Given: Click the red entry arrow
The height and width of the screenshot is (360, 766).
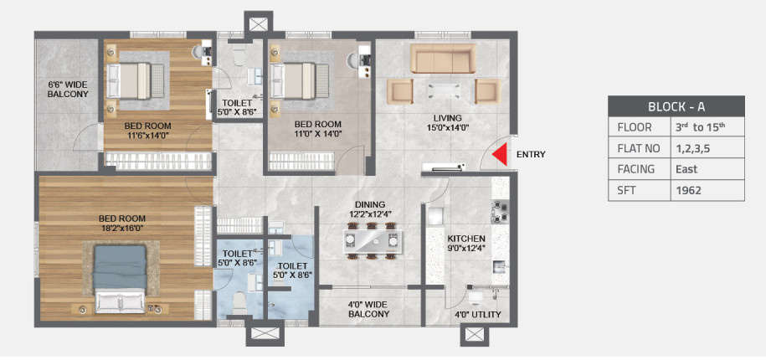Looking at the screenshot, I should pyautogui.click(x=501, y=155).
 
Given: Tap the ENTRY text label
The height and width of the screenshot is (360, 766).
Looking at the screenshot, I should pyautogui.click(x=532, y=155).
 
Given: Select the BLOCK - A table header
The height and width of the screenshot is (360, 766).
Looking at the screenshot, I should pyautogui.click(x=676, y=106).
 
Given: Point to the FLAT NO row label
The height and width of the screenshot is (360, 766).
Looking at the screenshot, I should pyautogui.click(x=638, y=148).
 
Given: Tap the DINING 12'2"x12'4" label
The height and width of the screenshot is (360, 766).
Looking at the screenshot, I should pyautogui.click(x=369, y=209).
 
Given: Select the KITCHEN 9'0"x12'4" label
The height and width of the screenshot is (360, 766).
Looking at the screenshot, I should pyautogui.click(x=466, y=244).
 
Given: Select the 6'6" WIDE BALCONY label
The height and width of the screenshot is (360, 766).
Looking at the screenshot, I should pyautogui.click(x=67, y=89).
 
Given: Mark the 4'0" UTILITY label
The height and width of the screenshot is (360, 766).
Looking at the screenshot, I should pyautogui.click(x=477, y=315).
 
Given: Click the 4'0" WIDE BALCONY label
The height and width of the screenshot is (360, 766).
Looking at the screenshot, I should pyautogui.click(x=369, y=309).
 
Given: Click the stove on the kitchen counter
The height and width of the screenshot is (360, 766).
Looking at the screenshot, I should pyautogui.click(x=500, y=215).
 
